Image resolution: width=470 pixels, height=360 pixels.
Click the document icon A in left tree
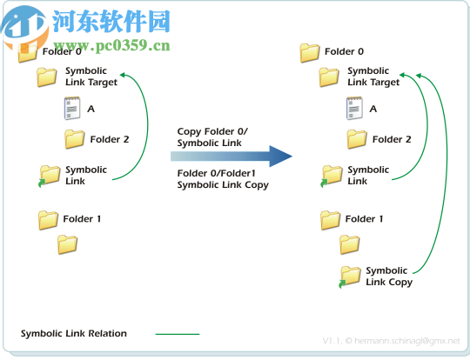[x=71, y=109]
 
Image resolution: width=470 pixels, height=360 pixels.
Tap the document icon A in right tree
[x=354, y=109]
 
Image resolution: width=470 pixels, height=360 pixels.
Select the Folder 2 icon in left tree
[x=75, y=139]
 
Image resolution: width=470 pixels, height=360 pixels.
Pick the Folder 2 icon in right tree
[x=357, y=139]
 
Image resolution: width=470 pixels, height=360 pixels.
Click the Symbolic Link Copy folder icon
[x=350, y=277]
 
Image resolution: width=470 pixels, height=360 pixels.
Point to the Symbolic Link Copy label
[x=388, y=277]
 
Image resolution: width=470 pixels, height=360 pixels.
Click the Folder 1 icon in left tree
[x=48, y=220]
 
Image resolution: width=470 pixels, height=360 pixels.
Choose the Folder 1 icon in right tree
[x=330, y=220]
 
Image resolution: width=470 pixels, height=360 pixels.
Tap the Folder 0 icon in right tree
[x=310, y=53]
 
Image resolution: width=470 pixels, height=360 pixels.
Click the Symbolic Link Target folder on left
[x=47, y=78]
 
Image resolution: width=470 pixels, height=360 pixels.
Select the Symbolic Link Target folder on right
[x=329, y=78]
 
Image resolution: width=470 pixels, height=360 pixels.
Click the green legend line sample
[x=178, y=333]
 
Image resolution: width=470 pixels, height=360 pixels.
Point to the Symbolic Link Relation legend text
[x=74, y=333]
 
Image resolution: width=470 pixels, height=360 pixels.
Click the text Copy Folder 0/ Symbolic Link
[x=212, y=137]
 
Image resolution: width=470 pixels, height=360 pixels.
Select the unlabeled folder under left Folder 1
[x=68, y=245]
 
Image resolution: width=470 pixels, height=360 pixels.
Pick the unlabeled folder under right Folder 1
[x=350, y=245]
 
